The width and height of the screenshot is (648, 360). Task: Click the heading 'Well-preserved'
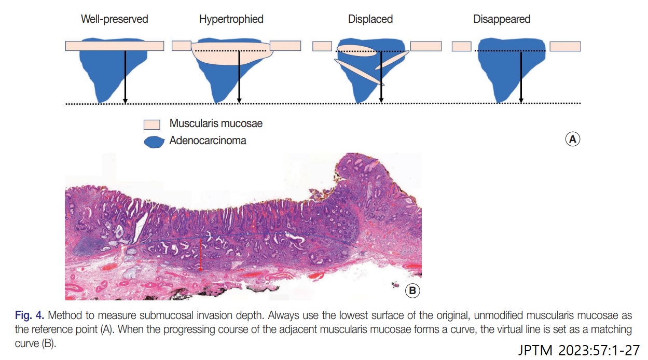click(x=115, y=19)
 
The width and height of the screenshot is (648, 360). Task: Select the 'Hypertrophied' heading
click(x=231, y=19)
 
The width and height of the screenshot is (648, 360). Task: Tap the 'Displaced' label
click(x=370, y=19)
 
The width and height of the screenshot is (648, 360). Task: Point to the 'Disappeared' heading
click(x=502, y=19)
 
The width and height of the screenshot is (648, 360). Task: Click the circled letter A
click(x=572, y=140)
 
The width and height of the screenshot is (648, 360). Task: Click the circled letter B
click(x=412, y=290)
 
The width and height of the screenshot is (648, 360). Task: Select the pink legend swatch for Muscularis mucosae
click(x=152, y=124)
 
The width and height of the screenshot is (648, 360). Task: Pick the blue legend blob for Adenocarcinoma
click(x=154, y=142)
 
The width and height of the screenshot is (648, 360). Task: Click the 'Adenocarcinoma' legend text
click(x=208, y=141)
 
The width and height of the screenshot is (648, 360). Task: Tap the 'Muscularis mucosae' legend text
click(x=216, y=123)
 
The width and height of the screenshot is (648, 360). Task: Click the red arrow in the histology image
click(x=200, y=255)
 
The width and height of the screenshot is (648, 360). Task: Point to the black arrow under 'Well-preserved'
click(x=125, y=77)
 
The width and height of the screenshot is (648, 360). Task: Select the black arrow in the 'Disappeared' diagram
click(x=521, y=77)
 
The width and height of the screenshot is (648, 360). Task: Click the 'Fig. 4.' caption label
click(x=29, y=315)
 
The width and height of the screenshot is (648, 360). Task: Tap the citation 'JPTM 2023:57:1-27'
click(x=578, y=350)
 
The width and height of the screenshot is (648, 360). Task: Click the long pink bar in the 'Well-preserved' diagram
click(x=115, y=46)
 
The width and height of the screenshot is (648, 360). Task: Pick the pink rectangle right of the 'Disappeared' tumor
click(x=566, y=46)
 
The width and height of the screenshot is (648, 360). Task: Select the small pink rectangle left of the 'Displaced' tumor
click(x=322, y=46)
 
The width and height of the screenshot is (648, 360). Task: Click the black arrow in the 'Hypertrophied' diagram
click(x=239, y=77)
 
